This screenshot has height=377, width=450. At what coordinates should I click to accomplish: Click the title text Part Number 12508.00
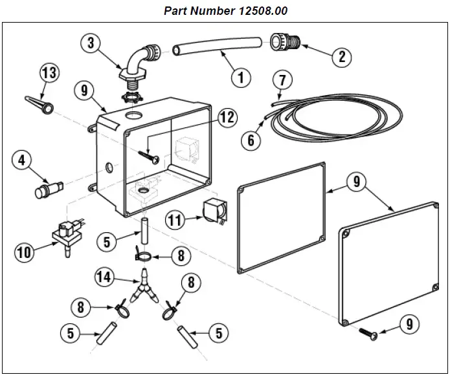click(x=225, y=11)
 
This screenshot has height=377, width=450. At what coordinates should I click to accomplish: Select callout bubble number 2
click(x=341, y=56)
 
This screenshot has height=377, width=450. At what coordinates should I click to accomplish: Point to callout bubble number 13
click(x=50, y=72)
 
